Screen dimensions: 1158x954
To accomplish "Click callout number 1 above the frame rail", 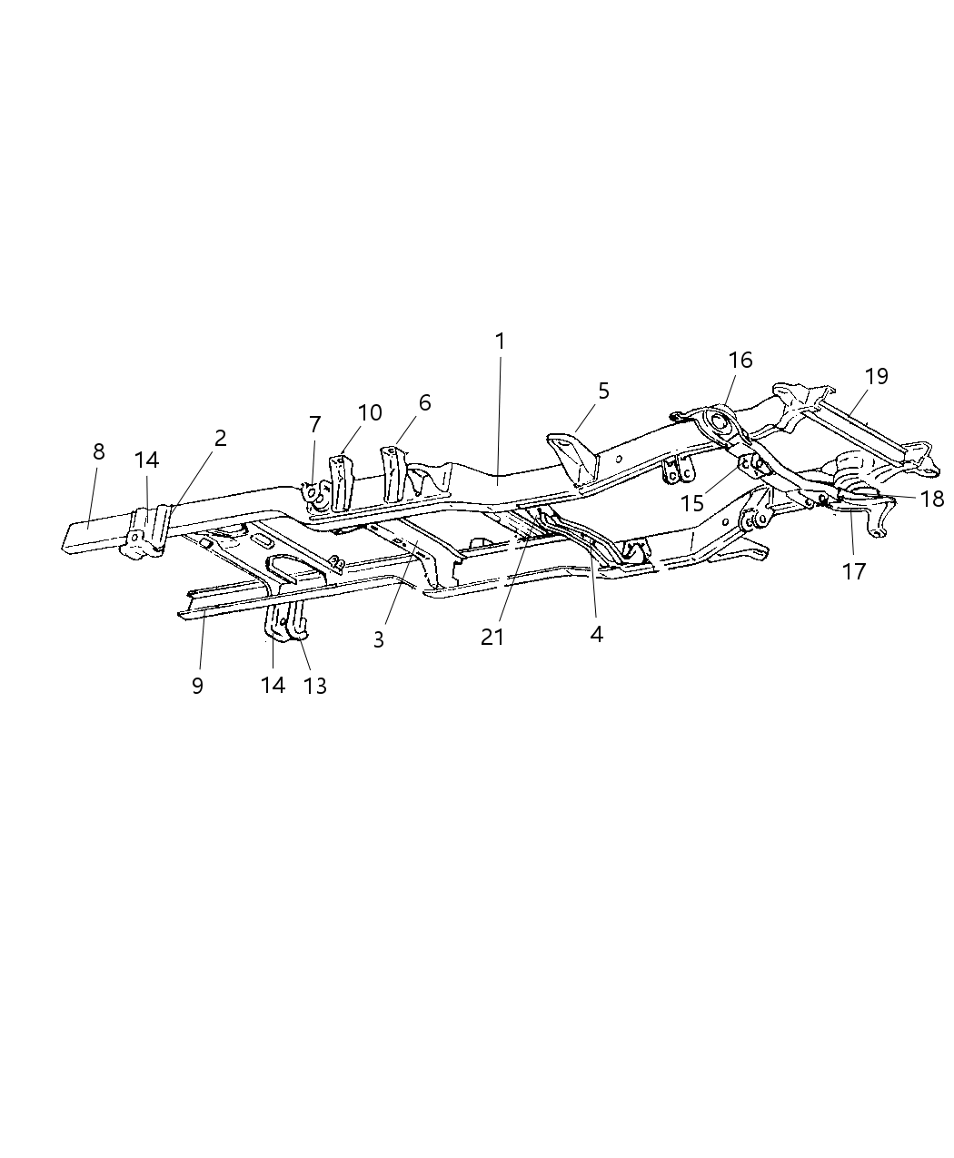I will tap(500, 341).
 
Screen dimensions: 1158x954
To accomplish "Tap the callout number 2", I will tap(220, 438).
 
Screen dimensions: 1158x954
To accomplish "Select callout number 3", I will tap(379, 639).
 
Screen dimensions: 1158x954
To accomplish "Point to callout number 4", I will tap(596, 634).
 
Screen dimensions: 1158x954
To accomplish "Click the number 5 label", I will tap(603, 391).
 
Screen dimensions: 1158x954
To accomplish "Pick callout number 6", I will tap(424, 402).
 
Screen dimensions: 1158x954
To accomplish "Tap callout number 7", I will tap(315, 424).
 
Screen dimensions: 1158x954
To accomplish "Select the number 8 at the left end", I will tap(98, 451).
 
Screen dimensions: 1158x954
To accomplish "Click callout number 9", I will tap(197, 686).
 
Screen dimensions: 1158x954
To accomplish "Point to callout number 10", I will tap(370, 413).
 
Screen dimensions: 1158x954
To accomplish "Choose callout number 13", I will tap(314, 686).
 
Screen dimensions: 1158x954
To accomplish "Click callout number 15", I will tap(693, 502).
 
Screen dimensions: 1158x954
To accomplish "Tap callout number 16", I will tap(740, 360).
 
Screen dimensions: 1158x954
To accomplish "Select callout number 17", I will tap(854, 571).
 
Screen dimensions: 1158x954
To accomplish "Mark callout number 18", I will tap(931, 499).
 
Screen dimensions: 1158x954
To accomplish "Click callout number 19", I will tap(877, 376).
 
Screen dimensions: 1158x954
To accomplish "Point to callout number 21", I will tap(492, 638).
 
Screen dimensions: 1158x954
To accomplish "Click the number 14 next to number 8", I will tap(146, 460).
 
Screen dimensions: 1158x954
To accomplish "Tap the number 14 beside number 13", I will tap(273, 686).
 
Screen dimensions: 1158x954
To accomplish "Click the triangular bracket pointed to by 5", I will tap(571, 457).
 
